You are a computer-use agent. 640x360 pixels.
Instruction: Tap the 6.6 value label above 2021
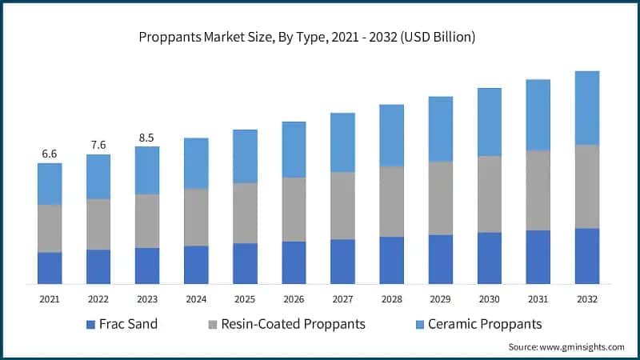[x=50, y=154]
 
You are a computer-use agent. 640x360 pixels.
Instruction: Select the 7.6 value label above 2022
[x=98, y=145]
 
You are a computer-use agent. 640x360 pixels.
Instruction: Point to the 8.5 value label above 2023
[x=147, y=137]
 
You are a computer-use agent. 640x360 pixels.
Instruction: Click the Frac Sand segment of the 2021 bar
[x=50, y=268]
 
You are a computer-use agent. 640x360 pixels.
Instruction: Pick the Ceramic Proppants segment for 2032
[x=587, y=108]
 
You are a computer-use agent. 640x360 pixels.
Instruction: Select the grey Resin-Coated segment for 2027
[x=342, y=206]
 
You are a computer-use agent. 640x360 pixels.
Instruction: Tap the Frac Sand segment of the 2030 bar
[x=490, y=258]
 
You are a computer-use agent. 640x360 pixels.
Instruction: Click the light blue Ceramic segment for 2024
[x=196, y=163]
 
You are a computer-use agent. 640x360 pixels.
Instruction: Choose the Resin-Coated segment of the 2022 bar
[x=98, y=225]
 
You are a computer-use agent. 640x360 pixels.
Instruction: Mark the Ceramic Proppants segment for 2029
[x=441, y=130]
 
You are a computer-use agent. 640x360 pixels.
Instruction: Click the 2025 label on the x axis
[x=245, y=298]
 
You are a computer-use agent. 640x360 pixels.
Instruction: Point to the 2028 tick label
[x=391, y=298]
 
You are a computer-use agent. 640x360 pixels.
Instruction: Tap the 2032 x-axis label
[x=587, y=298]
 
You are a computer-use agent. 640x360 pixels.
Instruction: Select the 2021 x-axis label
[x=50, y=298]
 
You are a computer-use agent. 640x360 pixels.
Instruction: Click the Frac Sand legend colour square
[x=91, y=325]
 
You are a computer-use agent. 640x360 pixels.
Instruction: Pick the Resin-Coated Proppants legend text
[x=294, y=324]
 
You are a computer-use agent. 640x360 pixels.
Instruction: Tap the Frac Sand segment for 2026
[x=294, y=262]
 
